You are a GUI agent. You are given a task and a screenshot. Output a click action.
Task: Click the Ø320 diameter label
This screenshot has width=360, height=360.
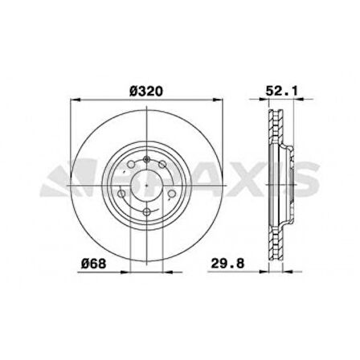146,92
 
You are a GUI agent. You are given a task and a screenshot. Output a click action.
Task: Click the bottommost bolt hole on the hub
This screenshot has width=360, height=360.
147,211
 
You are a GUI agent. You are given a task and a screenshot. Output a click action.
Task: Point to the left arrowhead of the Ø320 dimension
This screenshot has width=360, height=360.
76,101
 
